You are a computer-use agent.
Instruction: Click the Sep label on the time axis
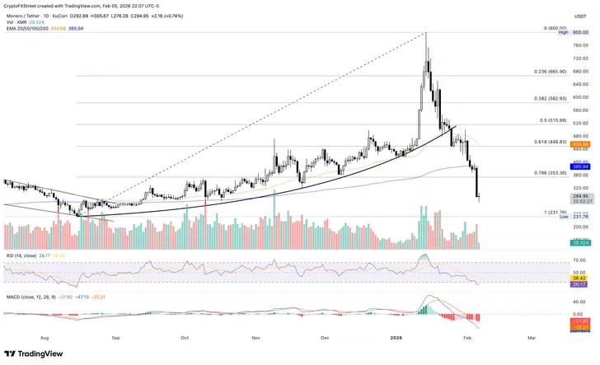tap(115, 314)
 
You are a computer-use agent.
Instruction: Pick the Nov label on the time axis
tap(256, 314)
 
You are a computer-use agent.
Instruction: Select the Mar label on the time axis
tap(532, 314)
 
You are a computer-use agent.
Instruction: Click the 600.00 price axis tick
tap(580, 97)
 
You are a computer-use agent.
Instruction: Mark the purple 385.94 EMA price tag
tap(580, 166)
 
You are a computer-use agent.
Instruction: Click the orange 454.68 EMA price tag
tap(580, 143)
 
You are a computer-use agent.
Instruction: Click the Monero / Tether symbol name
tap(25, 16)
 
